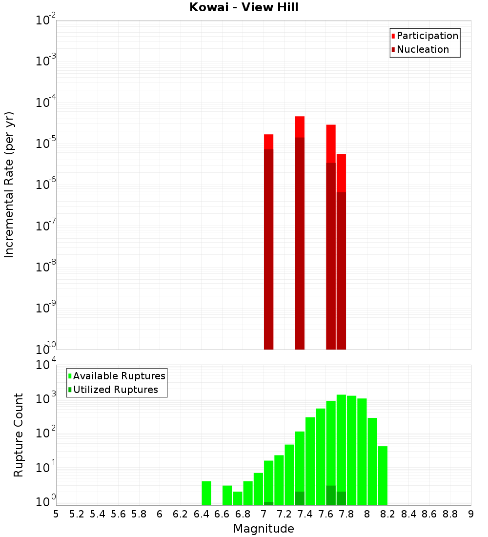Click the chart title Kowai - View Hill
tap(244, 7)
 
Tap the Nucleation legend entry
tap(423, 49)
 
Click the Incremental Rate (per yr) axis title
tap(9, 185)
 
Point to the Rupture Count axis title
tap(19, 435)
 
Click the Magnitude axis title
tap(264, 529)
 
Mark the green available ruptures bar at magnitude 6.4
tap(206, 493)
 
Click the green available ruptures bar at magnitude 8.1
tap(383, 475)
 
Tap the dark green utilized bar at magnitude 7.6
tap(331, 496)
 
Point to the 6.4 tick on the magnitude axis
tap(201, 514)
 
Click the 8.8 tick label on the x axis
tap(450, 514)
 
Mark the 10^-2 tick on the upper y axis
tap(46, 21)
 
